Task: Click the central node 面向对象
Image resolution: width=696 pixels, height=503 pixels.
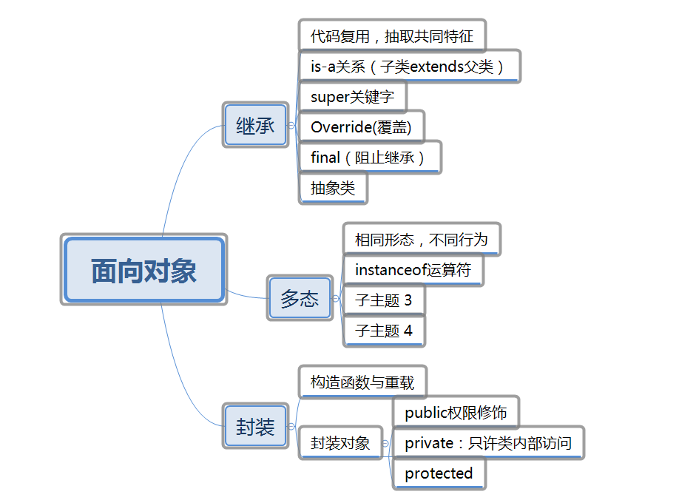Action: pyautogui.click(x=143, y=270)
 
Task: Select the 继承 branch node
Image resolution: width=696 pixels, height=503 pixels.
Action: pyautogui.click(x=255, y=125)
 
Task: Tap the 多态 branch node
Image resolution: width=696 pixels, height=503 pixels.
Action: pyautogui.click(x=300, y=299)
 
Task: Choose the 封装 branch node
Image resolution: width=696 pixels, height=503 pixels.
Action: pyautogui.click(x=255, y=426)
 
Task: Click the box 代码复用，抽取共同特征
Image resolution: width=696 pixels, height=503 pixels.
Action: pyautogui.click(x=392, y=35)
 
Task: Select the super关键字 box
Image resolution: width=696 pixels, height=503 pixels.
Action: pyautogui.click(x=352, y=97)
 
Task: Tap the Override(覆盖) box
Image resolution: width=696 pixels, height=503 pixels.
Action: pyautogui.click(x=360, y=127)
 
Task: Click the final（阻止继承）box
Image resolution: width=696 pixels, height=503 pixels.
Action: pyautogui.click(x=368, y=158)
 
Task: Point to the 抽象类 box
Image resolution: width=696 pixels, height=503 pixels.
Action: pyautogui.click(x=333, y=188)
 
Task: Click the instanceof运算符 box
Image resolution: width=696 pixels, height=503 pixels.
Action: pyautogui.click(x=413, y=269)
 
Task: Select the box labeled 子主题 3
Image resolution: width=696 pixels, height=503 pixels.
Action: pyautogui.click(x=384, y=300)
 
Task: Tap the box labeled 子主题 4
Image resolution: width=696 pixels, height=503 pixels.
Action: pyautogui.click(x=384, y=330)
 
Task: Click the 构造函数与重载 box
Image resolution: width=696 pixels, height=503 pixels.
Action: pyautogui.click(x=362, y=382)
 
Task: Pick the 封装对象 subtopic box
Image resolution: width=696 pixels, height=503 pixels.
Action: pyautogui.click(x=340, y=442)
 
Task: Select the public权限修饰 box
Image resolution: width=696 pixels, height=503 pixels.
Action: pyautogui.click(x=456, y=413)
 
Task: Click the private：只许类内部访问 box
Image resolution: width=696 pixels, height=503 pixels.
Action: pyautogui.click(x=488, y=443)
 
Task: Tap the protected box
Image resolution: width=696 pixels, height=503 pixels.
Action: pyautogui.click(x=439, y=473)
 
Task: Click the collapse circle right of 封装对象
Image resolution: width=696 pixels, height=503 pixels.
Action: pyautogui.click(x=385, y=443)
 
